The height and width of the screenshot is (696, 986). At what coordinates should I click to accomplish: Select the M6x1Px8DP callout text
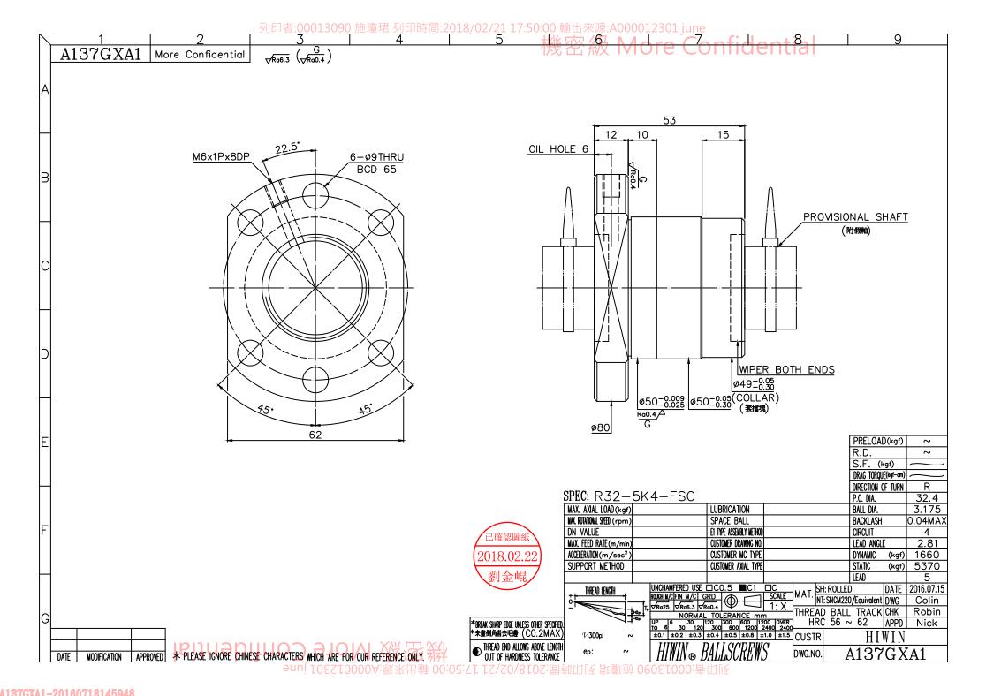point(220,156)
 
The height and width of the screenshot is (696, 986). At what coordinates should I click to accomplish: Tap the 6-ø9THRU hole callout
point(375,156)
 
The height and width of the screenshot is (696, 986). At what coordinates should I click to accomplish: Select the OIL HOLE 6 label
point(557,149)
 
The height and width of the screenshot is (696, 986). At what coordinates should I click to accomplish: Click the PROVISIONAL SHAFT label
point(854,216)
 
